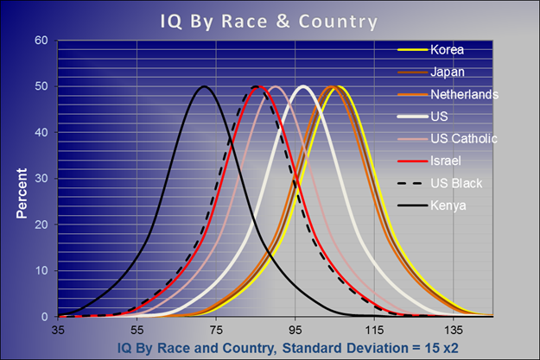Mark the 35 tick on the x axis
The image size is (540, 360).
[58, 330]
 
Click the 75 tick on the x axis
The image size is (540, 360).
[216, 330]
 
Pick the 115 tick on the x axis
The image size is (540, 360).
[374, 330]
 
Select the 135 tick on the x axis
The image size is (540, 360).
[454, 330]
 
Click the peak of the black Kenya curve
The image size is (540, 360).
[204, 86]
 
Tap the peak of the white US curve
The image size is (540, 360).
[302, 86]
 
